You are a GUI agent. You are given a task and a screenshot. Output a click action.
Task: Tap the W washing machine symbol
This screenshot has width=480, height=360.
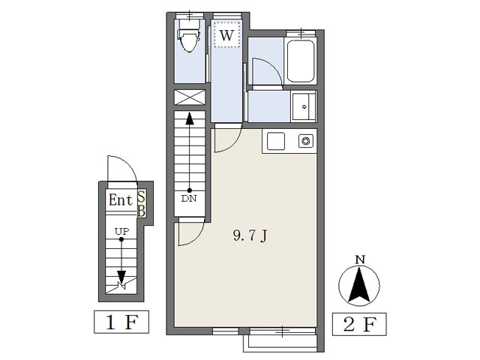226,35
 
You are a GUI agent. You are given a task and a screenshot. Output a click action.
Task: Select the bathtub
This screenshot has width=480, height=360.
301,61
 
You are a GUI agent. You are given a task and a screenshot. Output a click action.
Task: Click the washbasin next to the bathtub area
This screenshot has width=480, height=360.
304,106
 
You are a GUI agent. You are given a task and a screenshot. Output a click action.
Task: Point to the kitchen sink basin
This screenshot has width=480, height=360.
276,141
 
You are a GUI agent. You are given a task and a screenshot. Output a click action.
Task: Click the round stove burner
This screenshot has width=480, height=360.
306,141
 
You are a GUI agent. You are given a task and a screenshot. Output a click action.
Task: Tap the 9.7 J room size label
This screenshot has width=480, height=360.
250,235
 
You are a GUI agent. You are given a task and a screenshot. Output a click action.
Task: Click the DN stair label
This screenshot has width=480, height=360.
189,199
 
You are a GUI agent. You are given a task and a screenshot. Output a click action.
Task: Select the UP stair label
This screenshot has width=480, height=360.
121,232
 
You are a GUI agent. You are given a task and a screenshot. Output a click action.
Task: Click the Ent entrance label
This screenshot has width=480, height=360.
121,200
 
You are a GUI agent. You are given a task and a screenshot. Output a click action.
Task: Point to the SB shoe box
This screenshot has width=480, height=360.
142,203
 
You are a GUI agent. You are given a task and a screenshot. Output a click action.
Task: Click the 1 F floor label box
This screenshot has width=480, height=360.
121,322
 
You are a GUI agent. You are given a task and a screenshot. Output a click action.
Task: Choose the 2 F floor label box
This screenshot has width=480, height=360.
359,324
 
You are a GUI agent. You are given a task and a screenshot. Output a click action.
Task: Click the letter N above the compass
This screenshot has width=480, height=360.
360,260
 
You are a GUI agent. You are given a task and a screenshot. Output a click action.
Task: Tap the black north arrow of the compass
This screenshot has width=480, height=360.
359,285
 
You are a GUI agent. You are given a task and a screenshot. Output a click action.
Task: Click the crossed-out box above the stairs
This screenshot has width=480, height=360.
190,97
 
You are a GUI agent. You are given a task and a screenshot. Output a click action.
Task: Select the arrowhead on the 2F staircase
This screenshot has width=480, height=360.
190,118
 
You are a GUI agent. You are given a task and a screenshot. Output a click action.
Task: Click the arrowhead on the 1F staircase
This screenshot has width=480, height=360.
121,277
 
